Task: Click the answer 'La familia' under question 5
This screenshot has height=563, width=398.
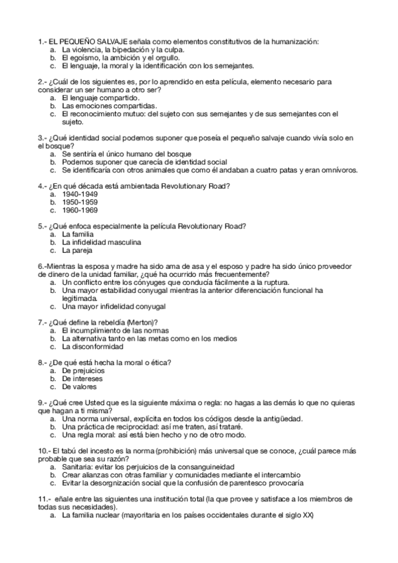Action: tap(78, 235)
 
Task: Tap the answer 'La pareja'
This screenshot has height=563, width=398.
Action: tap(77, 251)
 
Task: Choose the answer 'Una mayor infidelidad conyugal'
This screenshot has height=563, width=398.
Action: tap(114, 307)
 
